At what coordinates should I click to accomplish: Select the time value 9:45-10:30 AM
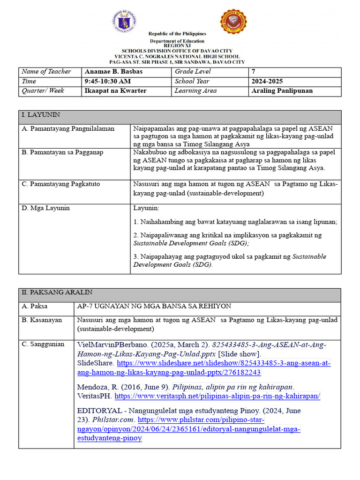click(x=107, y=81)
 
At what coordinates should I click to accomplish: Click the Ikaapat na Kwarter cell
click(x=115, y=91)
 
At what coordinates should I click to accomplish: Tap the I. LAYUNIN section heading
click(x=41, y=115)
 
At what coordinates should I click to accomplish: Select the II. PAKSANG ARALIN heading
click(x=57, y=292)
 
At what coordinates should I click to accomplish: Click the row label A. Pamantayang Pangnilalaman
click(x=68, y=128)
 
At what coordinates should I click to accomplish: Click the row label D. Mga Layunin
click(x=45, y=208)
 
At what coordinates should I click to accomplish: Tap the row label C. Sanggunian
click(x=43, y=345)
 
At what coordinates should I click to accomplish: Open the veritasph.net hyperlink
click(x=217, y=397)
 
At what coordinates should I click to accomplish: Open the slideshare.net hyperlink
click(x=224, y=367)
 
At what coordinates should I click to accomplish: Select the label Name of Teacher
click(x=46, y=72)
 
